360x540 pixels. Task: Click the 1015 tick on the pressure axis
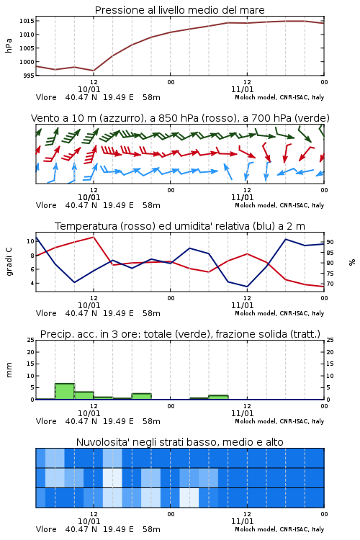pos(27,21)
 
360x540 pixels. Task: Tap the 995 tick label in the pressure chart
pos(29,76)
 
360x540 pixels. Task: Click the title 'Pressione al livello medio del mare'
pos(179,10)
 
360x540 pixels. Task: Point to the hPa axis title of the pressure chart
pos(9,45)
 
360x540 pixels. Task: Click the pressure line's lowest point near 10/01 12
pos(94,71)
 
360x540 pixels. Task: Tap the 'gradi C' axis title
pos(9,261)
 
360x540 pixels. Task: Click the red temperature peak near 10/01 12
pos(94,237)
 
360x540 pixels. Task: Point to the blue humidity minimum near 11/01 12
pos(247,287)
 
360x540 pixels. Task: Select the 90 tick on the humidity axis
pos(330,242)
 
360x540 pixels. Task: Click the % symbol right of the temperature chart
pos(352,262)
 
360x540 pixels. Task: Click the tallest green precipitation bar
pos(65,392)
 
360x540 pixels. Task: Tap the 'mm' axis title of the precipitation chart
pos(9,370)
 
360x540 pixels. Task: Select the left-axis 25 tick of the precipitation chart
pos(31,340)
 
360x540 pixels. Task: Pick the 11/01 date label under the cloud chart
pos(242,521)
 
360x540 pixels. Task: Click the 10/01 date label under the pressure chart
pos(89,89)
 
